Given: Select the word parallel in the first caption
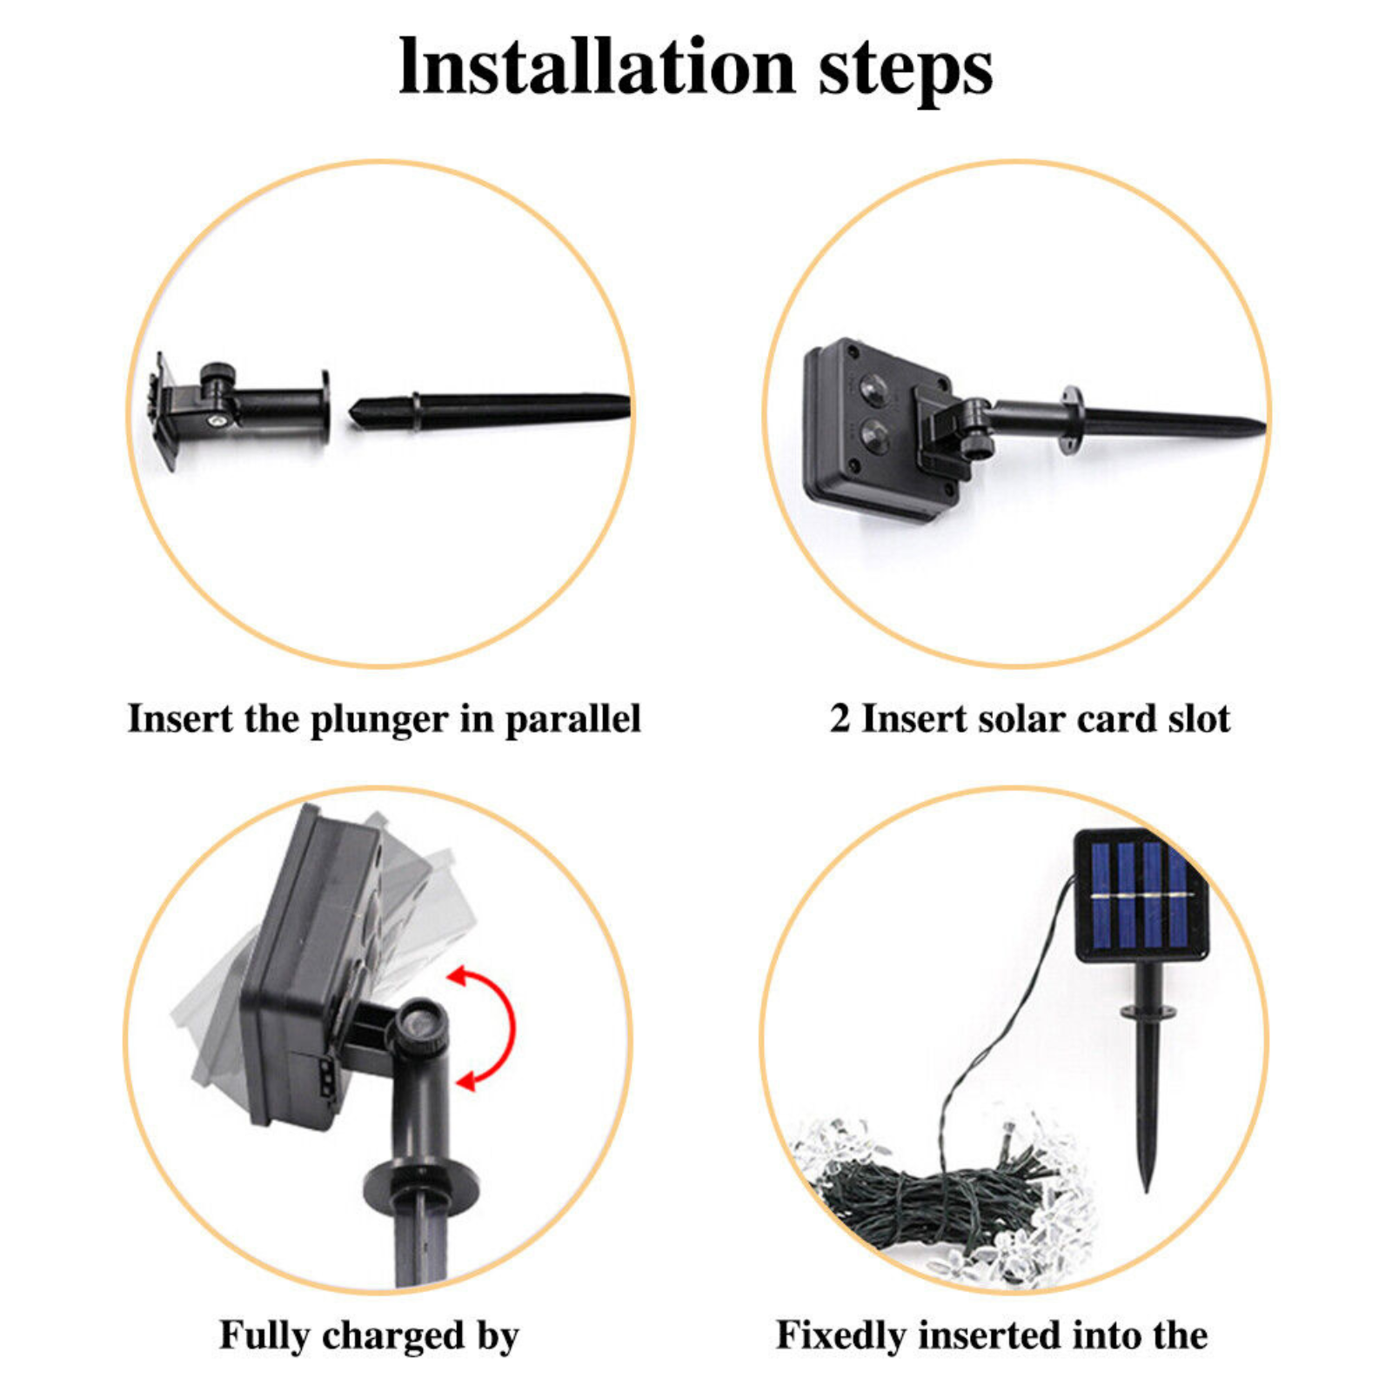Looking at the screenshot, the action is pyautogui.click(x=572, y=720).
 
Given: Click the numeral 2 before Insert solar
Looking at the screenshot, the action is pyautogui.click(x=840, y=719).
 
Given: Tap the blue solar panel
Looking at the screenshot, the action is pyautogui.click(x=1141, y=895).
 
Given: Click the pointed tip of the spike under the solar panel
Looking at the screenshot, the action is pyautogui.click(x=1147, y=1190).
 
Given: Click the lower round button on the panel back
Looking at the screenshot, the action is pyautogui.click(x=873, y=432).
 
